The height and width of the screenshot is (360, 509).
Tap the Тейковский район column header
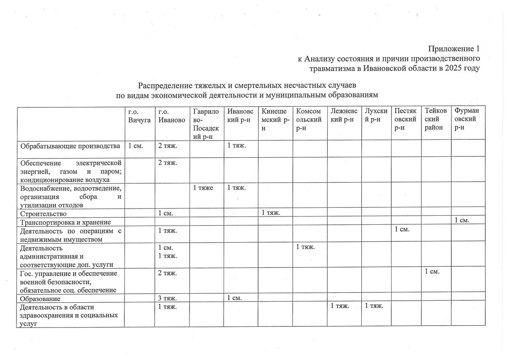pos(435,119)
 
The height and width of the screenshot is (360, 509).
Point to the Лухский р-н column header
pos(376,115)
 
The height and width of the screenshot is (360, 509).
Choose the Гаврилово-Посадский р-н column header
pos(206,124)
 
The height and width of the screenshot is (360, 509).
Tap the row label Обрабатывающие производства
pos(70,146)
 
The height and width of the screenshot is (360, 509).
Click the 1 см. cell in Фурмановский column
pos(462,221)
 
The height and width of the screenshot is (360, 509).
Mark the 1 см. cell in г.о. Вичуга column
pos(136,146)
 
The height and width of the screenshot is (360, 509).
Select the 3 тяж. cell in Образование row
pos(168,298)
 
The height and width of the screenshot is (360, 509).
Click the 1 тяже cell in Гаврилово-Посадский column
pos(203,188)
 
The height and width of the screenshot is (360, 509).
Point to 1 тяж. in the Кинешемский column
pos(271,213)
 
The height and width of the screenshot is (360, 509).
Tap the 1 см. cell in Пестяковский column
pos(402,229)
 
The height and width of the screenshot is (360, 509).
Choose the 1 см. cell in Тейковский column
pos(432,272)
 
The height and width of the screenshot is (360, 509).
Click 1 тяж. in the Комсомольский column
pos(306,248)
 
